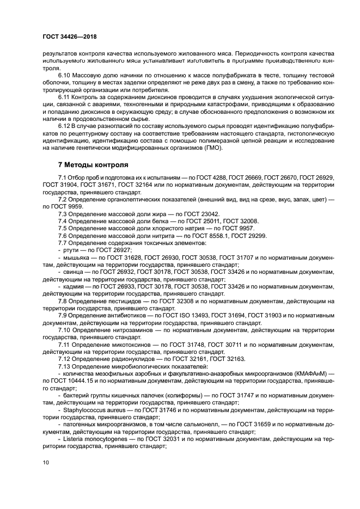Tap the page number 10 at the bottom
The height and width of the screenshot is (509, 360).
point(45,462)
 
